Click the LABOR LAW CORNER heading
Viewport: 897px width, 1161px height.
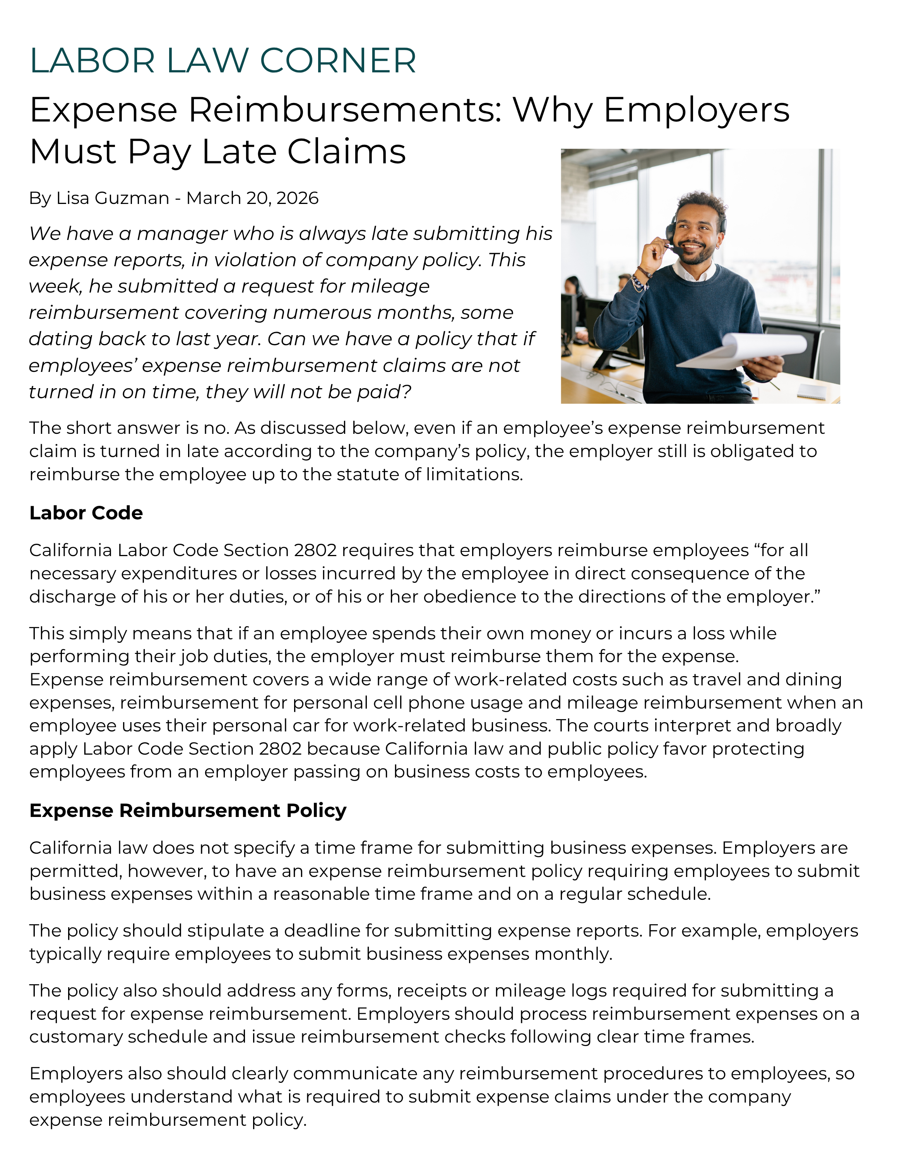(x=223, y=61)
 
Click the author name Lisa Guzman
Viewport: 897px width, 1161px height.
(x=113, y=198)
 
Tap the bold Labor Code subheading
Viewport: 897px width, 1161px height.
(x=86, y=513)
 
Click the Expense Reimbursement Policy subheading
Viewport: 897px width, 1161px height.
(x=188, y=811)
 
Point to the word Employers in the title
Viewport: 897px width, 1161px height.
(x=696, y=111)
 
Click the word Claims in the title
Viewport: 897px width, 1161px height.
(x=346, y=152)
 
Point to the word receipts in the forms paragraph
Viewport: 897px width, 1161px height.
(x=433, y=991)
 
